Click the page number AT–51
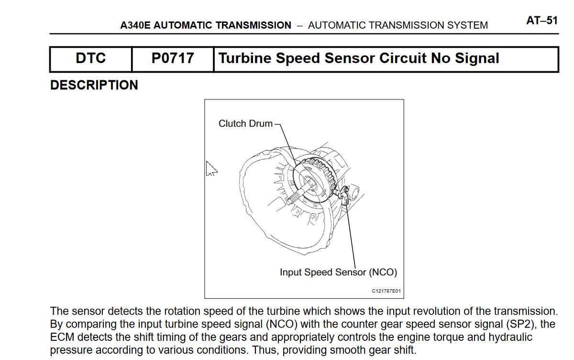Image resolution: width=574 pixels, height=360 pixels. (x=542, y=21)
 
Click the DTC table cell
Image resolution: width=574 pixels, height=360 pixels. (x=91, y=59)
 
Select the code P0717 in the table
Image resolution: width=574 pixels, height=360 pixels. (x=173, y=58)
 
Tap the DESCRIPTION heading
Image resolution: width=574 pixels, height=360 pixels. (x=94, y=85)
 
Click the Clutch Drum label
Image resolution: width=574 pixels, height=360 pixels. (x=245, y=123)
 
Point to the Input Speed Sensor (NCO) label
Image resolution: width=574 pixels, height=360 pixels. (x=338, y=272)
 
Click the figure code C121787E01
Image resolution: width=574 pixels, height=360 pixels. (x=386, y=291)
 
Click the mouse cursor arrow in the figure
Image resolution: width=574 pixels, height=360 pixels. (x=211, y=168)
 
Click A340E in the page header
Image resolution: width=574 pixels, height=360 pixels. (x=135, y=25)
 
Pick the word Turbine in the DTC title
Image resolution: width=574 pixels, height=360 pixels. (x=245, y=58)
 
